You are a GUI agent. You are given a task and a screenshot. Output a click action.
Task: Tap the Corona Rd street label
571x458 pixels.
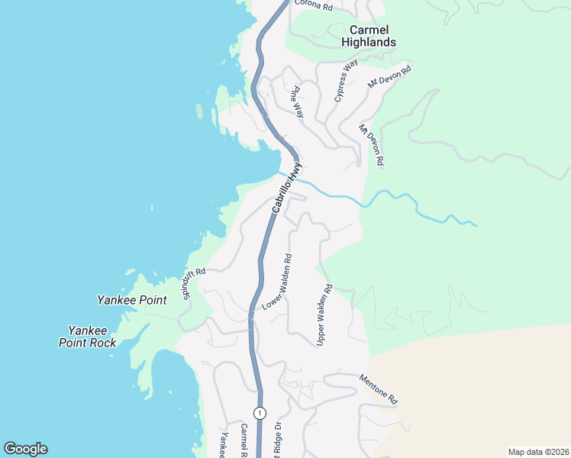(x=313, y=7)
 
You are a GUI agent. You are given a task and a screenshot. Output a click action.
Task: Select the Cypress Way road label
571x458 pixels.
(x=346, y=81)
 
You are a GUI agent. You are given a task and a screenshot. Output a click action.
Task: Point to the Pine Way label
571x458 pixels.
(x=298, y=102)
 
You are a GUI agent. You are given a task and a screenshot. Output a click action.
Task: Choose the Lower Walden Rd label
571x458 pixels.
(x=278, y=282)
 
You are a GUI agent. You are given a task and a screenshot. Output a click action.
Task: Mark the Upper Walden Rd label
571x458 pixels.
(x=324, y=314)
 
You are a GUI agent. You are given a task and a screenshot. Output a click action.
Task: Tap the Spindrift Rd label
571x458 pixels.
(x=194, y=282)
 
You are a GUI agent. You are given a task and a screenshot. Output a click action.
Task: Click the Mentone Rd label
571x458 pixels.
(x=379, y=389)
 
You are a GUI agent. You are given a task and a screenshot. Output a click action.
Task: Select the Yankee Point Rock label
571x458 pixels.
(x=92, y=337)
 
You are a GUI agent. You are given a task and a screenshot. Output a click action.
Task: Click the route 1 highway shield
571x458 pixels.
(x=260, y=413)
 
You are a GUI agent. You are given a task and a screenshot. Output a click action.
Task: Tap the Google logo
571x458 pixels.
(x=25, y=449)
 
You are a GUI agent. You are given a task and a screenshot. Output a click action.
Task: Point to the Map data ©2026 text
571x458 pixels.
(x=538, y=451)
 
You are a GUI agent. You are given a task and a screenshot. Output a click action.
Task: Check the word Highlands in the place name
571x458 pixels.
(x=369, y=43)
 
